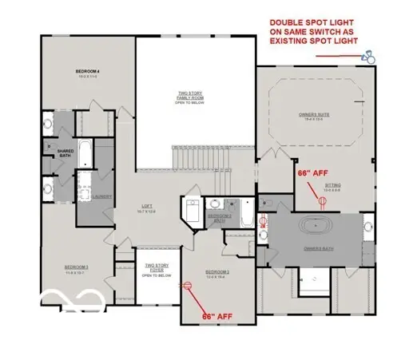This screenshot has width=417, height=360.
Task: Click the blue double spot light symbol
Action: coord(368,57)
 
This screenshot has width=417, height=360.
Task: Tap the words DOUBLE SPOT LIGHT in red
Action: coord(315,22)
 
